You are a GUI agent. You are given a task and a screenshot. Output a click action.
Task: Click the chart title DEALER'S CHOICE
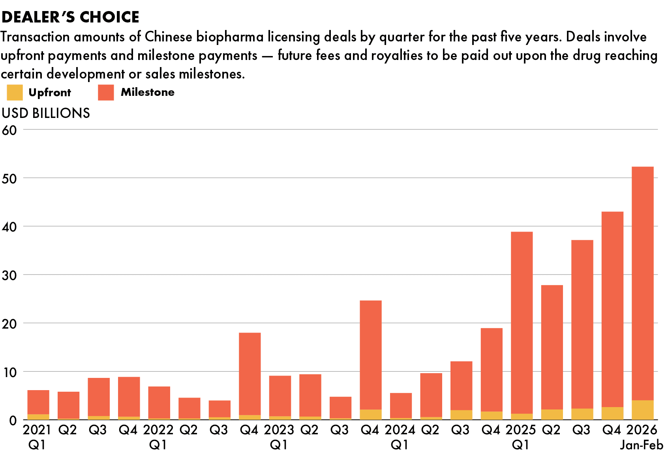pos(71,17)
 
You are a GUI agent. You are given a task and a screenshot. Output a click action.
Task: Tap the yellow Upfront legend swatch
pos(15,93)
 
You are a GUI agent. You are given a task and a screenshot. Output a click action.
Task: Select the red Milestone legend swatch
pos(106,92)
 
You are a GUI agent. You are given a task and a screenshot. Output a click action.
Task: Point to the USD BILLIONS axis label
pos(46,113)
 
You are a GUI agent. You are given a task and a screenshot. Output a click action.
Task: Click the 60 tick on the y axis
pos(9,130)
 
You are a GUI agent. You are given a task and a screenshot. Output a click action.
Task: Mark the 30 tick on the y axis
pos(9,275)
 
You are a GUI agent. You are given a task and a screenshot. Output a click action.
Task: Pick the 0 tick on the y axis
pos(13,420)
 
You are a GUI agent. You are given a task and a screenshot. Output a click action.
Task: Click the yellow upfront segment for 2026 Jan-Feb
pos(642,410)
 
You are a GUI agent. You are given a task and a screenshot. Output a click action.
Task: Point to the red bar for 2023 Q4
pos(371,355)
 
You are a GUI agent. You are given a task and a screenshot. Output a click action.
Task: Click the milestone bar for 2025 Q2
pos(552,347)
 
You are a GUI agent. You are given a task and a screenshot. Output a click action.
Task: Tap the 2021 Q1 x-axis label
pos(37,437)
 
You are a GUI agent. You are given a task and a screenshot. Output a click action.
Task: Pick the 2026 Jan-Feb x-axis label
pos(642,437)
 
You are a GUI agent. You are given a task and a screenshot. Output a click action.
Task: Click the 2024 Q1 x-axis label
pos(400,437)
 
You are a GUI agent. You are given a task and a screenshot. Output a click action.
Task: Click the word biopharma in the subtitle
pos(230,37)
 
